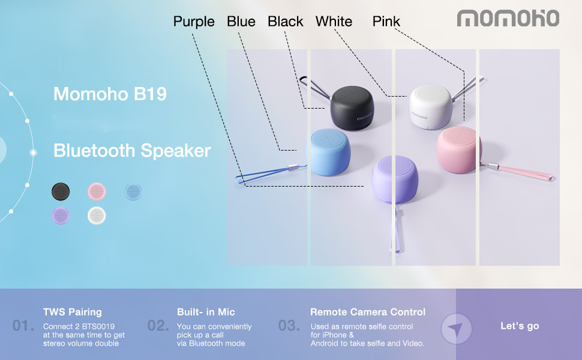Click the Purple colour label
pos(194,22)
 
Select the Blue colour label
pos(241,22)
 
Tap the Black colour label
pos(286,22)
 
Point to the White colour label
pos(334,22)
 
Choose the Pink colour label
pos(386,22)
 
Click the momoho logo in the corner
pos(508,18)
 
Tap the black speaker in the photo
pos(352,107)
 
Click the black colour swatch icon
pos(61,191)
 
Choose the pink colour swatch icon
pos(97,191)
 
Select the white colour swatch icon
pos(97,215)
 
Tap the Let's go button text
pos(520,326)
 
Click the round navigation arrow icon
pos(457,329)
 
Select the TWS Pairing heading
pos(73,312)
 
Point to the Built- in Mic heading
pos(206,312)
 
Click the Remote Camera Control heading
pos(368,312)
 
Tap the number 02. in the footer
pos(158,326)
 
